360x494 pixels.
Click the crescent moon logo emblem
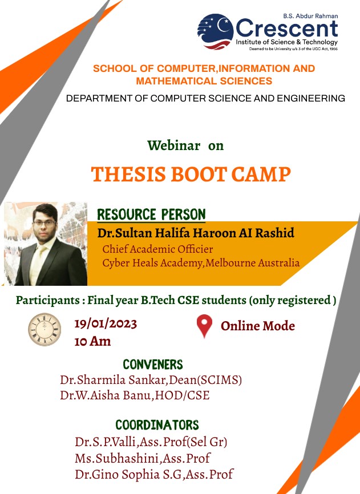pos(216,31)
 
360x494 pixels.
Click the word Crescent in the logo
pos(287,29)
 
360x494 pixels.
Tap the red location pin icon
pos(204,326)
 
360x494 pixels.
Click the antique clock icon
pos(45,329)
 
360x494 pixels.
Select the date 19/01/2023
pos(106,324)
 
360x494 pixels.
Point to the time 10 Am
pos(92,341)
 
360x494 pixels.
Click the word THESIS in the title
pos(128,174)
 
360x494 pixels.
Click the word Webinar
pos(173,145)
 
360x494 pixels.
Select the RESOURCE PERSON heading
pos(152,214)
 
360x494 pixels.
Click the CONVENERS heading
pos(153,365)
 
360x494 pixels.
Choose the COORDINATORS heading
pos(157,425)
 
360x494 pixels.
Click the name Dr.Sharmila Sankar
pos(113,380)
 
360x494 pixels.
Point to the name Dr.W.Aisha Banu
pos(106,395)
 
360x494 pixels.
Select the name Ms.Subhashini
pos(117,459)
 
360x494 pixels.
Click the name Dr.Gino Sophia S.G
pos(129,474)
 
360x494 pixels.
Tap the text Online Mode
pos(258,326)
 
